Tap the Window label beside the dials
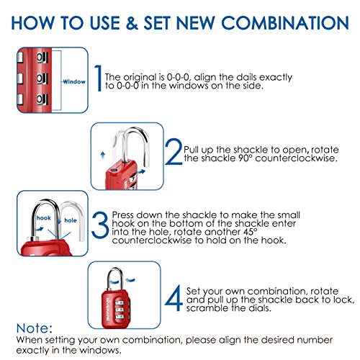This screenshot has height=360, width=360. coord(72,81)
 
